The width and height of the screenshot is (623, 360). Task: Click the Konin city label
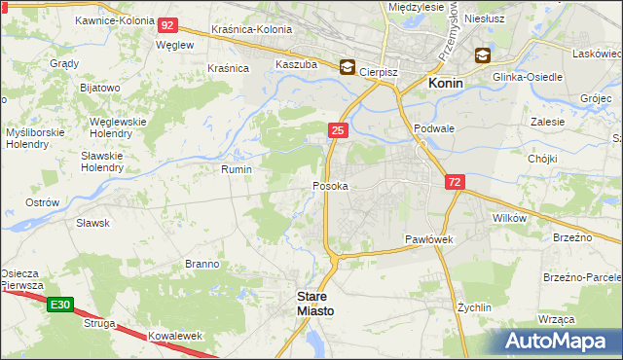tap(445, 84)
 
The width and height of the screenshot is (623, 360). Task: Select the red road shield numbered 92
tap(167, 25)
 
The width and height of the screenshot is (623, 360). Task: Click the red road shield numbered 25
tap(337, 130)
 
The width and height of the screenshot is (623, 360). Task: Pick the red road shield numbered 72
tap(455, 182)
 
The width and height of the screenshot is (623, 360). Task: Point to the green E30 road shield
tap(58, 306)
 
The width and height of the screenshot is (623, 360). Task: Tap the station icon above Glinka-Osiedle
tap(483, 55)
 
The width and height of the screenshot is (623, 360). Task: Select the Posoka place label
tap(330, 185)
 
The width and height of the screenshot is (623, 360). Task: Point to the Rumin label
tap(238, 169)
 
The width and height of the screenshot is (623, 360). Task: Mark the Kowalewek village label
tap(175, 336)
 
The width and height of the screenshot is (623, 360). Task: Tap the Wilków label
tap(509, 218)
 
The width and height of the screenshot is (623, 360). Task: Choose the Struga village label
tap(99, 322)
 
